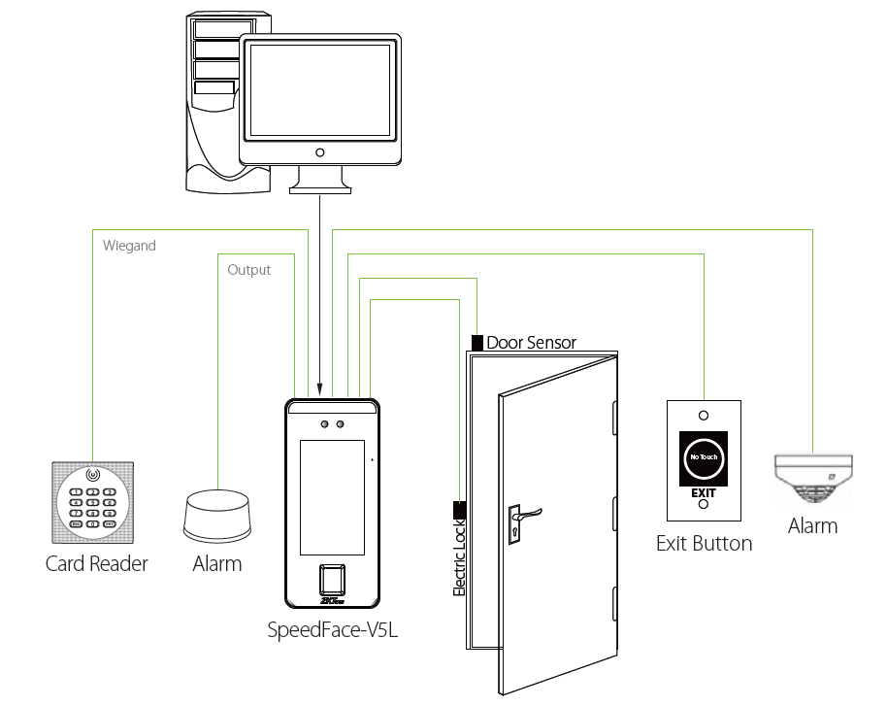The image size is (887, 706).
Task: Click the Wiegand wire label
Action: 129,246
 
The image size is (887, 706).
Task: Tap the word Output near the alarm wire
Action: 248,270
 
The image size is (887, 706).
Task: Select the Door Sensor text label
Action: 531,343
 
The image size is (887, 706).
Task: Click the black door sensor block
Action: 476,343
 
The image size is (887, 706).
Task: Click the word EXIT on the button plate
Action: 704,492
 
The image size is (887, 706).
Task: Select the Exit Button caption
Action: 704,543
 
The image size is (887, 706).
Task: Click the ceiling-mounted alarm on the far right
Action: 812,478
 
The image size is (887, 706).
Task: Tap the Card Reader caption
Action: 96,563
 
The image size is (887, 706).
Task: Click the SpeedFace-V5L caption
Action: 333,629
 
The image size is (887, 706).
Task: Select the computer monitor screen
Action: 319,90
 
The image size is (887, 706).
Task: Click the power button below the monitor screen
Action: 319,152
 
